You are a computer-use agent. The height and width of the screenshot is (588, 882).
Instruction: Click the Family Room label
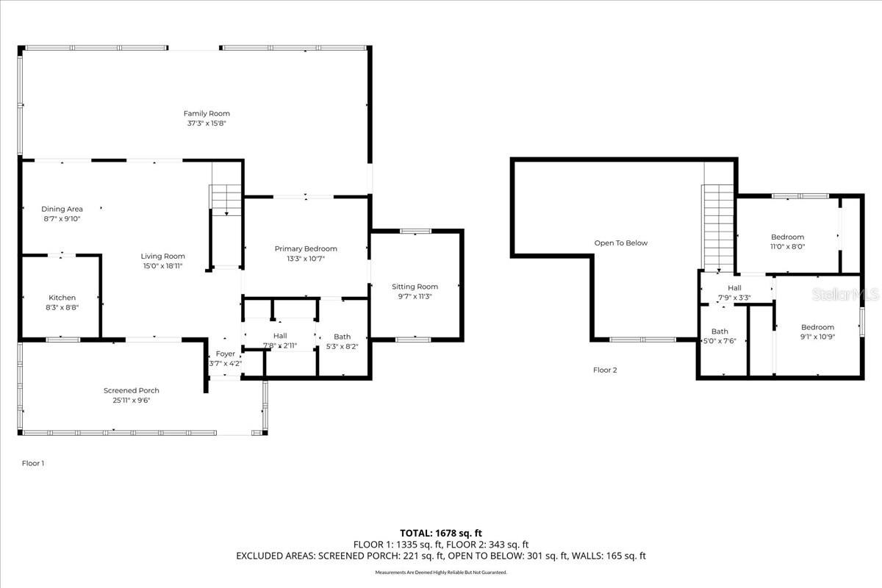(x=207, y=113)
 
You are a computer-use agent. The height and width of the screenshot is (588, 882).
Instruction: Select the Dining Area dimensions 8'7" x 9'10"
(x=62, y=218)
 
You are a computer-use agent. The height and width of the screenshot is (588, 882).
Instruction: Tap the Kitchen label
(x=62, y=298)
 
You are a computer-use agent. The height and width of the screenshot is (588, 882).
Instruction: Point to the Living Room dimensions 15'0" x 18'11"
(x=163, y=266)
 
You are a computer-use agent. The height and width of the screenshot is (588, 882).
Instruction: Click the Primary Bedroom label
(x=306, y=248)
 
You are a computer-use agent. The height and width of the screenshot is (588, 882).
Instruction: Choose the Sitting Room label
(x=415, y=287)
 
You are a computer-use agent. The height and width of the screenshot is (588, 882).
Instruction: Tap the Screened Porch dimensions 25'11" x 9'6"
(x=132, y=401)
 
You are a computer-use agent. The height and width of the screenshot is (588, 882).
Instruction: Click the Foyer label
(x=225, y=354)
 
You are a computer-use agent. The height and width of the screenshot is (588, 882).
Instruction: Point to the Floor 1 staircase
(x=226, y=199)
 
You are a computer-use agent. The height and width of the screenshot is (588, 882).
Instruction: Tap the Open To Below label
(x=621, y=243)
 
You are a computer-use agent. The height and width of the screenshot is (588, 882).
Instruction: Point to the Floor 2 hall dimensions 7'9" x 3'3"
(x=734, y=298)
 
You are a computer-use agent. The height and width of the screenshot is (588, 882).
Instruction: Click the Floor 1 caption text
(x=32, y=463)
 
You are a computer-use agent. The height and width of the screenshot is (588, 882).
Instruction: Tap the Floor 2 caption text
(x=605, y=370)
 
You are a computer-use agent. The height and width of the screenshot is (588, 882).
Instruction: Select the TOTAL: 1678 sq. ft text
(x=440, y=533)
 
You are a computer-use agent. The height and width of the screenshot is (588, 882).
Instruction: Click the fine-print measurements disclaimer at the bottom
(x=440, y=572)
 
